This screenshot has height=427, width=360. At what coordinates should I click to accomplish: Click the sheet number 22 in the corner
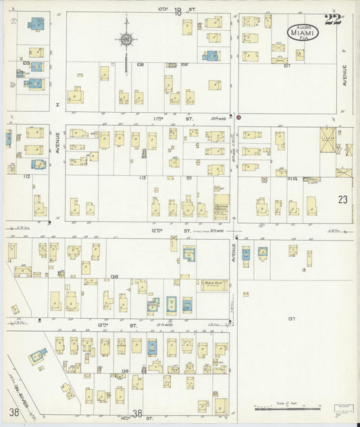click(x=332, y=19)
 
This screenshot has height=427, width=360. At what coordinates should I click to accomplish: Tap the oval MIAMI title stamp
click(x=304, y=31)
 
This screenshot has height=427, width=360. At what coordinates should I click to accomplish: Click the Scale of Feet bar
click(x=287, y=407)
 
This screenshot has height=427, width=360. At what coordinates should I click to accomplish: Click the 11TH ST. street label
click(x=159, y=118)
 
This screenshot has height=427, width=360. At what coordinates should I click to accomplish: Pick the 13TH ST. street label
click(x=103, y=325)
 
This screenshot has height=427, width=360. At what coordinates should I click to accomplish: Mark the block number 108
click(x=140, y=65)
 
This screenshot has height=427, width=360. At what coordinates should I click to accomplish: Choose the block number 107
click(x=286, y=66)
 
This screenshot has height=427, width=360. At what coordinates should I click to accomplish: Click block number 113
click(x=142, y=178)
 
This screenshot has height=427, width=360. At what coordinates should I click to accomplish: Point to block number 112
click(x=26, y=176)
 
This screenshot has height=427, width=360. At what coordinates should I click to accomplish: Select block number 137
click(x=291, y=318)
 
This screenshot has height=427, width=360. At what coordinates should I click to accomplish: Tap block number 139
click(x=125, y=371)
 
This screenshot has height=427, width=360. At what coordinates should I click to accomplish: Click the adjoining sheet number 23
click(x=342, y=199)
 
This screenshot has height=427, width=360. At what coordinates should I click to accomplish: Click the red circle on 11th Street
click(x=238, y=117)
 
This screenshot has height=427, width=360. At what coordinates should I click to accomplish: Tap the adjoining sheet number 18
click(x=178, y=11)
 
